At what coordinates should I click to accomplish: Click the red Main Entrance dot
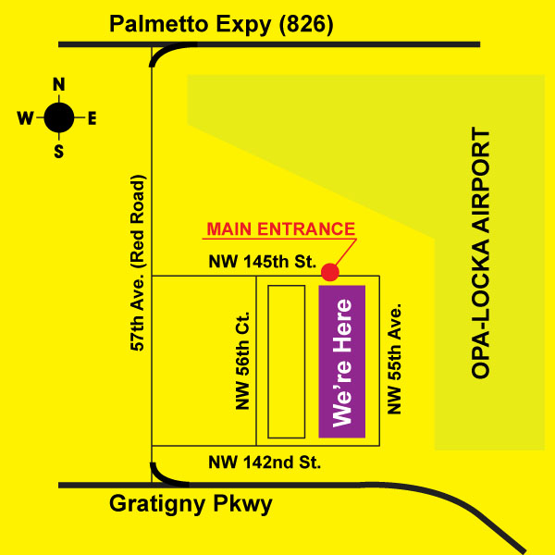(330, 272)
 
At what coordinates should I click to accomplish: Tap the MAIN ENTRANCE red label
(280, 228)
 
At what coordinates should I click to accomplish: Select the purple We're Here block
(342, 362)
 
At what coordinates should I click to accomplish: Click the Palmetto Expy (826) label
(220, 24)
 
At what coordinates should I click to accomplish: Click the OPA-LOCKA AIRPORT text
(480, 254)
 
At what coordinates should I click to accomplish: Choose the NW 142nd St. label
(264, 462)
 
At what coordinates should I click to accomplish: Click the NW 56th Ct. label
(243, 359)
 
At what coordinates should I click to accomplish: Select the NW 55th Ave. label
(395, 357)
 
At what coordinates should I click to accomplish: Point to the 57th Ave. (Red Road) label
(137, 262)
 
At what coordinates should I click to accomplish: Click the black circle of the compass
(59, 117)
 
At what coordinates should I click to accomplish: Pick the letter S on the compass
(59, 151)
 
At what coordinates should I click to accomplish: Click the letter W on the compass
(26, 117)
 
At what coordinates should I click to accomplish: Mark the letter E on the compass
(92, 117)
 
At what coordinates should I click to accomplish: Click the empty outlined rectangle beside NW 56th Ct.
(286, 361)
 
